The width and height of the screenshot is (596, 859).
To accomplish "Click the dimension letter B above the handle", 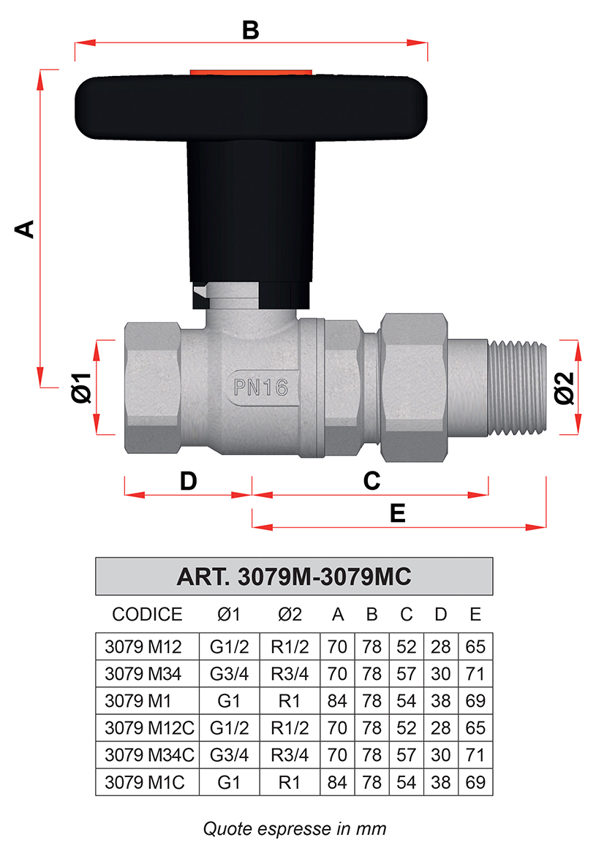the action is point(250,29).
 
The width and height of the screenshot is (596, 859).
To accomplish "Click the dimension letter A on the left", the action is point(25,229).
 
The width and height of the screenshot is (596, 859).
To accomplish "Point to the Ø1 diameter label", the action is point(82,388).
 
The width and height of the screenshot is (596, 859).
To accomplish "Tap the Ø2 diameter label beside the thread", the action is point(565,388).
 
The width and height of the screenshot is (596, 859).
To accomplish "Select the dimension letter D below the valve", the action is point(188,481).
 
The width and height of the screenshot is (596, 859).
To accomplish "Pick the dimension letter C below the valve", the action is point(371,481).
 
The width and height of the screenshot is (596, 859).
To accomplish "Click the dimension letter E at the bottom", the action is point(398,513).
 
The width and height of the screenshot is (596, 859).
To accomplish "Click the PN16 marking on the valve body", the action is point(261,388).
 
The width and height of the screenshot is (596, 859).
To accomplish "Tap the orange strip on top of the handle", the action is point(251,72).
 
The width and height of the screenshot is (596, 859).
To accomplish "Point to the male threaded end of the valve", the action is point(517,388).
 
